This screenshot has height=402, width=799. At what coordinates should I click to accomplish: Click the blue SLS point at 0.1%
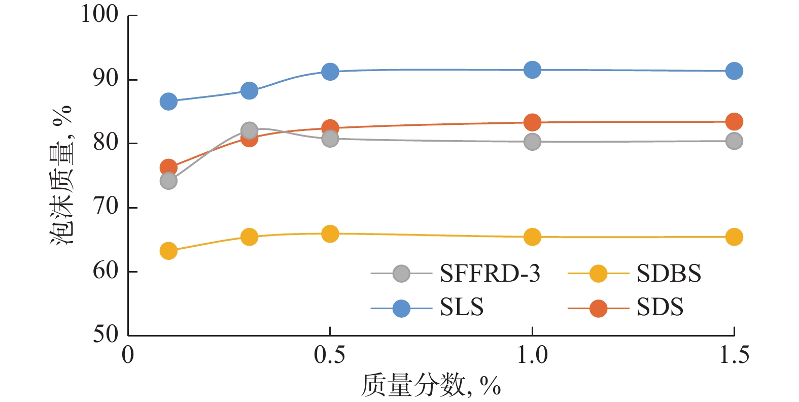tap(168, 102)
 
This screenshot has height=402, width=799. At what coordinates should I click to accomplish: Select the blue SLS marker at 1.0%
tap(532, 70)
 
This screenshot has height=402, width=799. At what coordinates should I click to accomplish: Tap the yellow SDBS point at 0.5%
tap(330, 233)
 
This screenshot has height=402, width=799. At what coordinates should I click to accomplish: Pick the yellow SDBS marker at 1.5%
tap(734, 237)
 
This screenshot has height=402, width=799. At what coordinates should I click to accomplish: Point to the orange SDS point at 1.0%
tap(532, 122)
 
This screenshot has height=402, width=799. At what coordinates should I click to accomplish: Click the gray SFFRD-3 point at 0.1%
tap(168, 181)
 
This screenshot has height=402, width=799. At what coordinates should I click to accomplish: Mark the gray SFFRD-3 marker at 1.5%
tap(734, 141)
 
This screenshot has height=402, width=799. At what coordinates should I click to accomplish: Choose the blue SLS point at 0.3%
tap(249, 91)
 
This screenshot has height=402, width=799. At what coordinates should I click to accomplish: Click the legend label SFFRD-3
tap(490, 274)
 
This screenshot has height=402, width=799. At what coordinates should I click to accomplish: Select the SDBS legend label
tap(669, 274)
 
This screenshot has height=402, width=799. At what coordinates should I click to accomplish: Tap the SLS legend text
tap(461, 308)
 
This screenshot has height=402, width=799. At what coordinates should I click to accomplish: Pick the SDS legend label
tap(659, 308)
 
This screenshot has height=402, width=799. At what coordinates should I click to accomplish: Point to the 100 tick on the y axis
tap(100, 14)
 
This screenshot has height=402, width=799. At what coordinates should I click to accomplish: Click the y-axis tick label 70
tap(106, 207)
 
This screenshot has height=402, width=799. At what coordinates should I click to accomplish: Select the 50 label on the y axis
tap(106, 334)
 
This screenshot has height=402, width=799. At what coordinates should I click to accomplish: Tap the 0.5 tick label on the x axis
tap(330, 355)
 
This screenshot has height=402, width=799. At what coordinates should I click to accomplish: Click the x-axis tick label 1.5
tap(734, 355)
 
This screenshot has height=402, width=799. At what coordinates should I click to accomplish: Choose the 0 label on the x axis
tap(128, 355)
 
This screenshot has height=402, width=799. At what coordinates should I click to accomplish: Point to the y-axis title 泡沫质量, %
tap(62, 175)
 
